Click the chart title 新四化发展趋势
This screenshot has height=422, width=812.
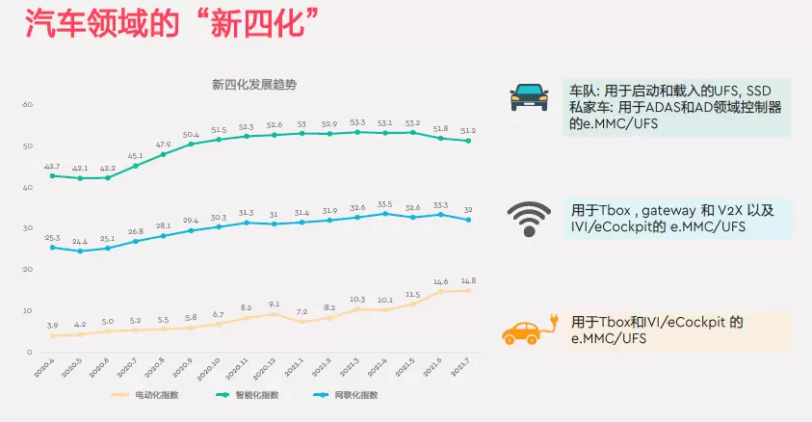click(x=254, y=85)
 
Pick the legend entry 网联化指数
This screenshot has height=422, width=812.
click(x=351, y=394)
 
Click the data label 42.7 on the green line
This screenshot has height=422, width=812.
click(x=52, y=166)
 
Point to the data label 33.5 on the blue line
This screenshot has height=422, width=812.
click(x=385, y=204)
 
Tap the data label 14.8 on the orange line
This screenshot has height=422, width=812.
click(x=468, y=280)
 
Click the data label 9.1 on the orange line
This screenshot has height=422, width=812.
click(x=275, y=304)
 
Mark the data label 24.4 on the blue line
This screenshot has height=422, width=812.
click(x=80, y=241)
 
